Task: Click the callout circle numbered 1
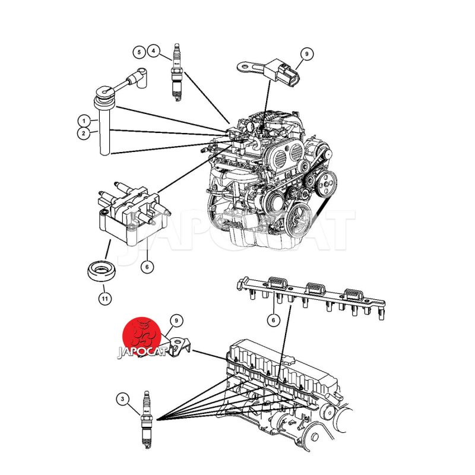84,121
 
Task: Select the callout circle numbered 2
84,133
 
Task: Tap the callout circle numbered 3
122,398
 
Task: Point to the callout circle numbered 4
154,51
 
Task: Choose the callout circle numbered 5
139,52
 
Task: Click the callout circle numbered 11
105,299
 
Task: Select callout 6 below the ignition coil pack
147,267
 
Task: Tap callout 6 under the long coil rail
274,320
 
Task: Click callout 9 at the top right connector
306,54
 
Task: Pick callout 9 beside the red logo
176,321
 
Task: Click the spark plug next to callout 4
176,72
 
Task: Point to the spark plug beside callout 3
146,420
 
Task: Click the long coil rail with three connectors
311,297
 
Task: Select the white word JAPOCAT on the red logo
142,352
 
